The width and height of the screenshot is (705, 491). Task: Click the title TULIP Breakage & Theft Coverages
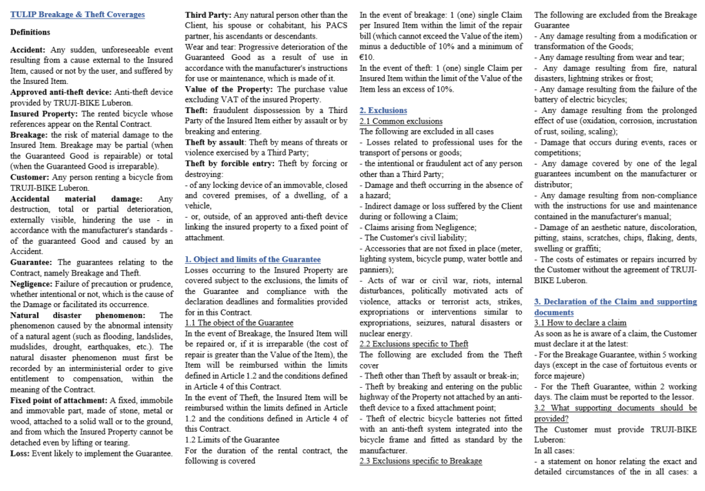tap(78, 14)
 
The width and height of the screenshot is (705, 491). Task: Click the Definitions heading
tap(30, 32)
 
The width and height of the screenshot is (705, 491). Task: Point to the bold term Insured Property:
tap(43, 114)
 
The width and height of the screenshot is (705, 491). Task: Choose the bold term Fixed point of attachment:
tap(59, 400)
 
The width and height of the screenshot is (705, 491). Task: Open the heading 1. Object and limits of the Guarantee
tap(253, 259)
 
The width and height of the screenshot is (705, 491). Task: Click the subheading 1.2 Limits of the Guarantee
tap(232, 439)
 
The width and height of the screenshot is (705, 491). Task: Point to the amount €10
tap(367, 58)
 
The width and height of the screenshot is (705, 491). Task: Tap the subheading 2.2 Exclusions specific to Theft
tap(414, 344)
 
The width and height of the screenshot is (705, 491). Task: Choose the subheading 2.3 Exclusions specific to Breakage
tap(421, 461)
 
